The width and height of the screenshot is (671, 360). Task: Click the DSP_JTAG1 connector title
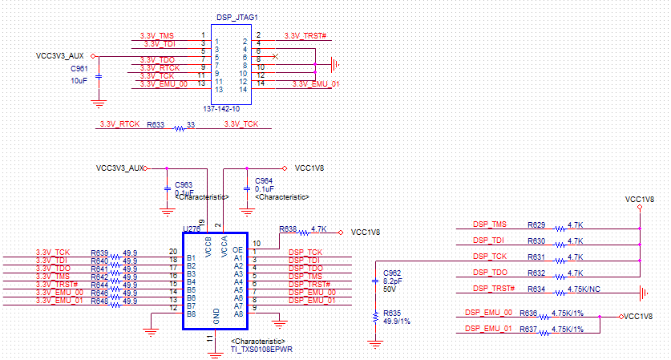[x=237, y=17]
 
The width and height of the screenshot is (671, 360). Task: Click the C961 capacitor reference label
[x=79, y=69]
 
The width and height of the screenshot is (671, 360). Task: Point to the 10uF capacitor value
[x=79, y=80]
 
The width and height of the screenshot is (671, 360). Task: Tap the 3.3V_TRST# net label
[x=303, y=36]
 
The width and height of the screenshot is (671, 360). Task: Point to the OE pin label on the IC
[x=237, y=250]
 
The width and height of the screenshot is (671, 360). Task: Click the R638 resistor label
[x=288, y=229]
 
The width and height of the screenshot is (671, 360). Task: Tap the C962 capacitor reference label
[x=393, y=273]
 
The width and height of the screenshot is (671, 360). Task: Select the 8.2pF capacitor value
[x=394, y=281]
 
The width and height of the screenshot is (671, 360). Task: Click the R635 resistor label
[x=393, y=313]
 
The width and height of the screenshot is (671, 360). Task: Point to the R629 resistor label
[x=536, y=224]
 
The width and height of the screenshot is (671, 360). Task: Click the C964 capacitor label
[x=263, y=180]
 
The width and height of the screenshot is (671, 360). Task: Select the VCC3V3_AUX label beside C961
[x=60, y=56]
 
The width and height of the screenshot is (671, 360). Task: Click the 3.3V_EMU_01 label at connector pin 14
[x=316, y=83]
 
